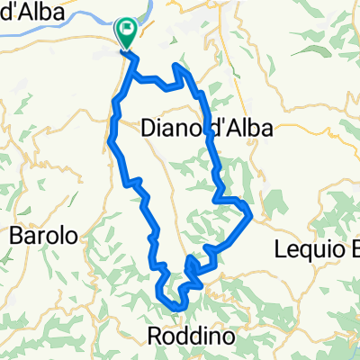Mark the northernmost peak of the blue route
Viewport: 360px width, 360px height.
179,66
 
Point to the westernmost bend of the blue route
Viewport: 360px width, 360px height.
109,139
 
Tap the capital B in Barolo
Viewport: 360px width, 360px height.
16,237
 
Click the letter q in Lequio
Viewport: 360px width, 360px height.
320,247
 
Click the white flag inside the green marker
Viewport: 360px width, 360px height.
127,31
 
